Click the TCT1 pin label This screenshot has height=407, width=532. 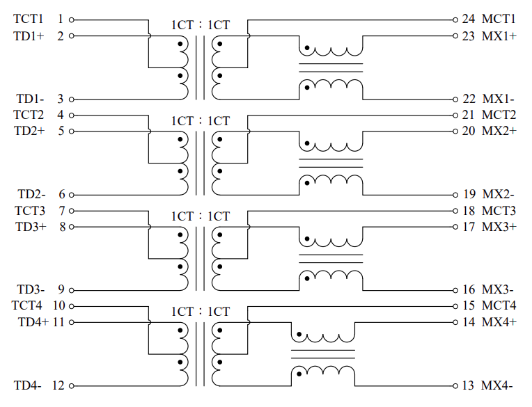[29, 19]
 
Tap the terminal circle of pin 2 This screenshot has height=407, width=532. [72, 35]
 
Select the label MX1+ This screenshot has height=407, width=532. [499, 36]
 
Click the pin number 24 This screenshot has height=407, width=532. [468, 19]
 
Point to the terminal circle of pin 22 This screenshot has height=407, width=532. [455, 99]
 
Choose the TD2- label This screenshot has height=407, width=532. [31, 194]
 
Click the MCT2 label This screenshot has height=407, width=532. [499, 115]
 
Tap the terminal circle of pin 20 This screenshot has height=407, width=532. [455, 131]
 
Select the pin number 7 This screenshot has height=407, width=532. [62, 211]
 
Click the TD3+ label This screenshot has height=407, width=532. [31, 227]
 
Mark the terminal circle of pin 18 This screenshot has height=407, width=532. [455, 211]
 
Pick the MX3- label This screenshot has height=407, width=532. [498, 289]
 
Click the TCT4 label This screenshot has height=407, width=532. [26, 305]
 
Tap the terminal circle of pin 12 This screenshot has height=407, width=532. [72, 385]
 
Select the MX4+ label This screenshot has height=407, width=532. [499, 322]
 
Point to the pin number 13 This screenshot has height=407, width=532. [468, 385]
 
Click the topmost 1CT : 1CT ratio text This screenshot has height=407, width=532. [201, 25]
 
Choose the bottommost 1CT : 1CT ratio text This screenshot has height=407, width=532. [201, 312]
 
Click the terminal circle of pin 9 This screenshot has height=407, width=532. [72, 290]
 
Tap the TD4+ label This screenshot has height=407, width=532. [33, 322]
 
